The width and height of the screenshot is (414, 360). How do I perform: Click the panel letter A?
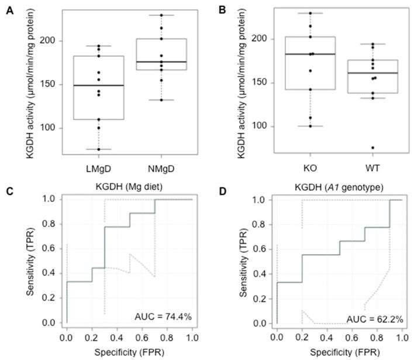tap(9, 9)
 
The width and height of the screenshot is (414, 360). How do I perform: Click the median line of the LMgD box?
tap(91, 85)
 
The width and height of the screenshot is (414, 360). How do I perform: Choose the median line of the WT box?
tap(373, 73)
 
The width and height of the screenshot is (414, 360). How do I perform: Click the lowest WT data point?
tap(373, 148)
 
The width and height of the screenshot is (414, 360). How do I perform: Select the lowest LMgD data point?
tap(91, 149)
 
